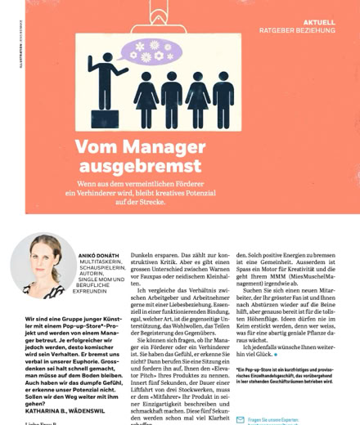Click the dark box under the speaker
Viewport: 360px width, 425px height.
coord(103,118)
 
